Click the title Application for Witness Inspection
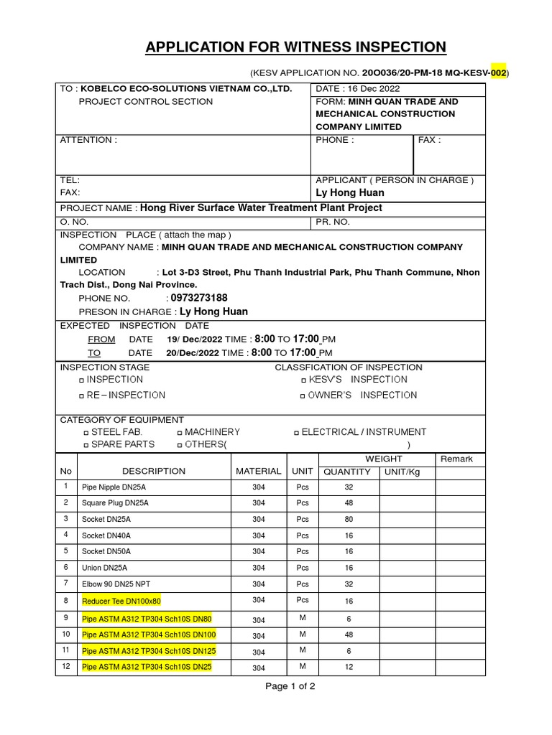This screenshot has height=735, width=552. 295,47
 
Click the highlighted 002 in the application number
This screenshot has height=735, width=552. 498,73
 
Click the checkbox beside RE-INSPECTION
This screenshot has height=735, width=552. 81,395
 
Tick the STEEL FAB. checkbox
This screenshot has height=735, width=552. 86,433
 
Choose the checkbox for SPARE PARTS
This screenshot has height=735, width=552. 86,445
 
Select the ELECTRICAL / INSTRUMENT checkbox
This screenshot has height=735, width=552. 297,433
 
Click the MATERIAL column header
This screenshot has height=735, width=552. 258,471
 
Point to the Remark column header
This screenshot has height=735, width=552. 456,459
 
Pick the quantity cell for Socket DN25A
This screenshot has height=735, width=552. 349,519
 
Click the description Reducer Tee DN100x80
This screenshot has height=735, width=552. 121,601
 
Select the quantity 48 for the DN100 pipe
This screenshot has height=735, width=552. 349,635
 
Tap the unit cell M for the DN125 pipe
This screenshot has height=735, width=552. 303,650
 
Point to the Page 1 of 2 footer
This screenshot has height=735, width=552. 290,686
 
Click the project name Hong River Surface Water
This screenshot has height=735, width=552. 261,208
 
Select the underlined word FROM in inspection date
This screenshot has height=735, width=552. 101,340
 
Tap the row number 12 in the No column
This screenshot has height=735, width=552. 66,667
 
